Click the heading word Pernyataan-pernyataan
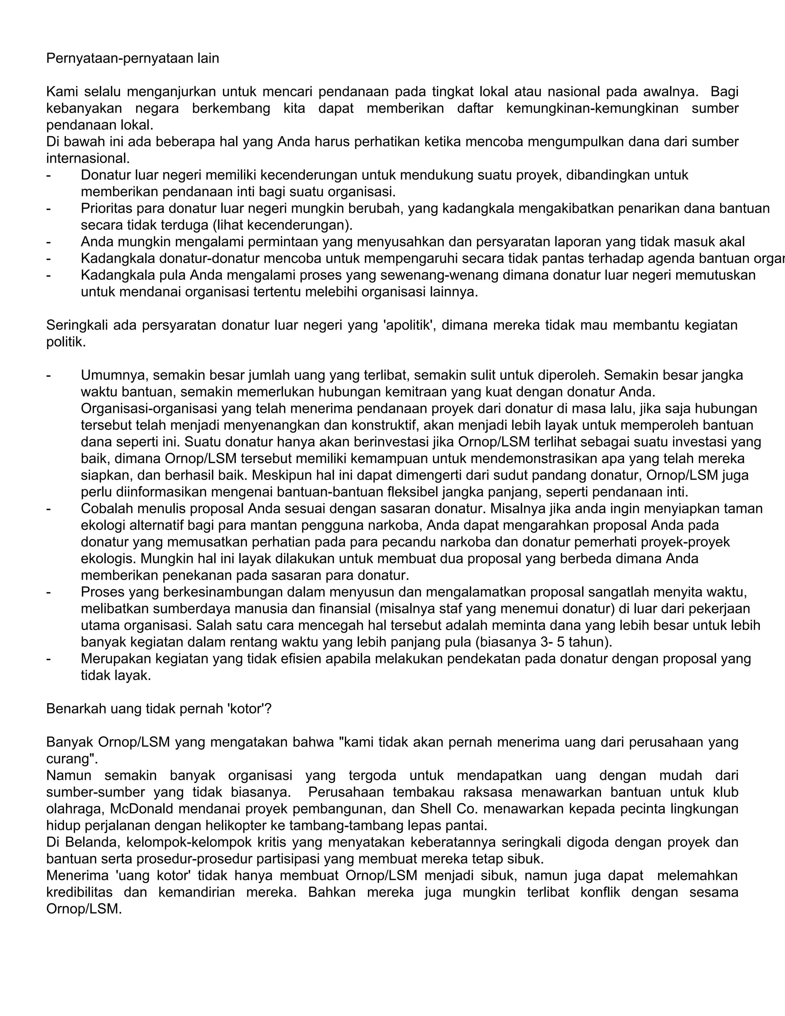coord(113,59)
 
